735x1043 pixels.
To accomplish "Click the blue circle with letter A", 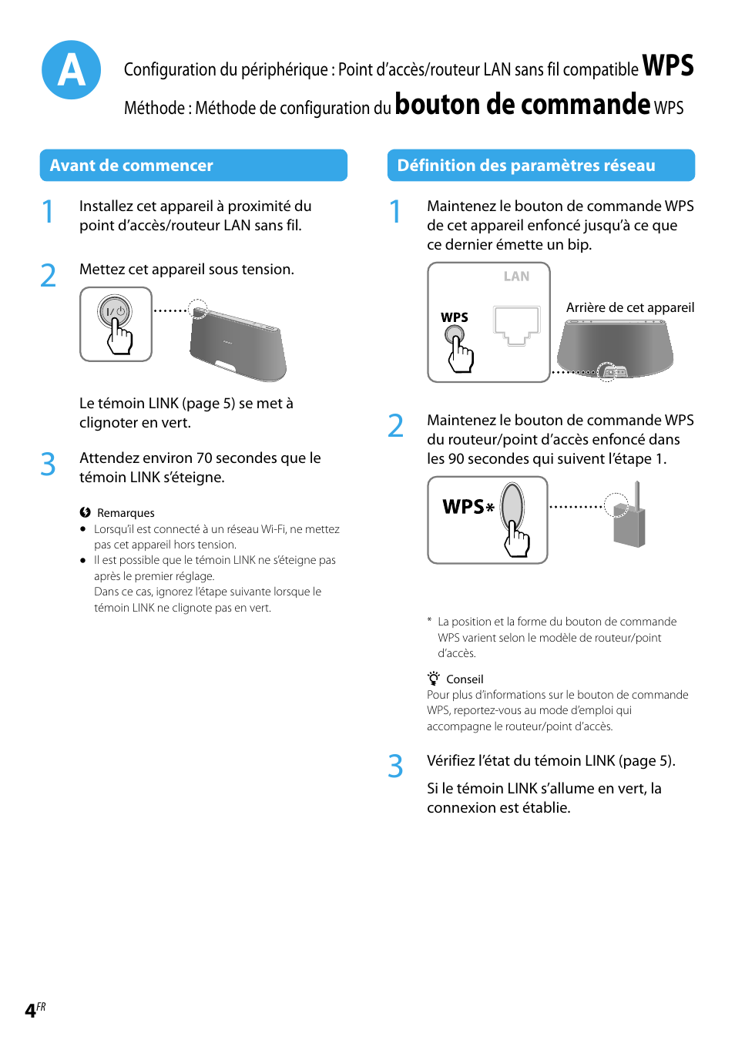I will click(x=71, y=70).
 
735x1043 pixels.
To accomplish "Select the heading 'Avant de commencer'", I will click(x=131, y=166).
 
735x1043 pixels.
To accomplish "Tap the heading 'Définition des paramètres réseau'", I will click(x=525, y=166).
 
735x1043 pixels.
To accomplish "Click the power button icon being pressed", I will click(x=115, y=312).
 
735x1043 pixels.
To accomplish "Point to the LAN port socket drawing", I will click(x=516, y=325).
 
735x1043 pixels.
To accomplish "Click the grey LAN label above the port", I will click(x=516, y=277).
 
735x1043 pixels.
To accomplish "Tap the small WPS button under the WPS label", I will click(x=455, y=335).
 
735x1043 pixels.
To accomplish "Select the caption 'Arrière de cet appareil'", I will click(x=629, y=307).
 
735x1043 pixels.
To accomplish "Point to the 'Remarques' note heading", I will click(x=126, y=513).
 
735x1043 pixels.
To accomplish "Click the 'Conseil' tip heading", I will click(x=465, y=679).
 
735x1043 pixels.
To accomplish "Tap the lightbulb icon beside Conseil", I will click(x=434, y=679).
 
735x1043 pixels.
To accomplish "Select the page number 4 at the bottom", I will click(x=30, y=1011).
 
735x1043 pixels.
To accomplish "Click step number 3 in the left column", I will click(x=48, y=464).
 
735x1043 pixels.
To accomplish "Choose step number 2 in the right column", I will click(x=395, y=426).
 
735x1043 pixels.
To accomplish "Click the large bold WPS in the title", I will click(x=667, y=66).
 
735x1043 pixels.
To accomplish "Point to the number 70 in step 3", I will click(x=204, y=458).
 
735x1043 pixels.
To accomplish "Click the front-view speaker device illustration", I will click(x=238, y=344).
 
